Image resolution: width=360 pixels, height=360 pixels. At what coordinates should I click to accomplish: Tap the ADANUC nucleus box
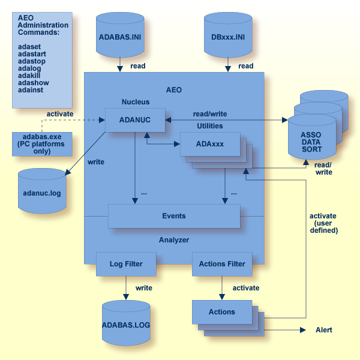pos(135,119)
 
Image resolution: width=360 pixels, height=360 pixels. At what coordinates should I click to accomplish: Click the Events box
pos(173,216)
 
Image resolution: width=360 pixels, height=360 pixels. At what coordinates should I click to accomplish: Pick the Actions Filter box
pos(222,263)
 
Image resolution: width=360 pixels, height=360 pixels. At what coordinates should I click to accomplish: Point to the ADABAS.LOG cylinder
pos(126,325)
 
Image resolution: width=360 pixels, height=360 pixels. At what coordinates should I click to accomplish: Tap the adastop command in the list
pos(32,61)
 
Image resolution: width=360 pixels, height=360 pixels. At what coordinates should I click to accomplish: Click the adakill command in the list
pos(31,76)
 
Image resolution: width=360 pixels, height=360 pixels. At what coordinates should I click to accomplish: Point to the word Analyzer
pos(173,240)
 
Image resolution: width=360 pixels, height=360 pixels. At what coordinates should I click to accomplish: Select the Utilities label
pos(210,126)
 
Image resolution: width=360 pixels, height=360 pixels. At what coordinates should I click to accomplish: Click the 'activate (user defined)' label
pos(323,223)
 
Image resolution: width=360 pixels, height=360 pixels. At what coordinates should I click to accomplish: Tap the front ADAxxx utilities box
pos(210,144)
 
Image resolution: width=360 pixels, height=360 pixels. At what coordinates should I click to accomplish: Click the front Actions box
pos(222,311)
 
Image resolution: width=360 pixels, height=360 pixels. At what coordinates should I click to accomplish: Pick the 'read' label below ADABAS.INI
pos(137,66)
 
